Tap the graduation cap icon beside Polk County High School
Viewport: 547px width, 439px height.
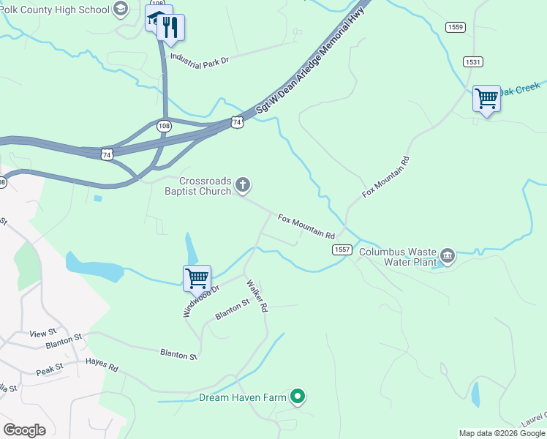click(121, 10)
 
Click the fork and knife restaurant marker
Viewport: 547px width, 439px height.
click(170, 28)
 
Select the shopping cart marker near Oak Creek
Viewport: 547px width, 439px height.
click(486, 98)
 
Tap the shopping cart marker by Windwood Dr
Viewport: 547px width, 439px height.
click(197, 278)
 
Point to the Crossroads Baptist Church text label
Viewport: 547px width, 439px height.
click(205, 186)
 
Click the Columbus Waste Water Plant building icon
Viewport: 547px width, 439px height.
click(448, 256)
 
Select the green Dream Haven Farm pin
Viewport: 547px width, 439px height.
click(297, 397)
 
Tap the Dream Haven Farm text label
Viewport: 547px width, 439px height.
click(242, 398)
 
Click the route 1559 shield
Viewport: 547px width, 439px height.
click(455, 27)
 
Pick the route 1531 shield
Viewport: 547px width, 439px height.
click(472, 61)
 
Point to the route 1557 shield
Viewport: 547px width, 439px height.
click(342, 249)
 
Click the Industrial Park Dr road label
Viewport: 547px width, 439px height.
click(200, 58)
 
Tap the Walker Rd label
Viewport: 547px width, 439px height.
click(257, 296)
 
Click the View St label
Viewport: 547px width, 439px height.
click(37, 334)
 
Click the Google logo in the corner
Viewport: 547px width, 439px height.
click(24, 429)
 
